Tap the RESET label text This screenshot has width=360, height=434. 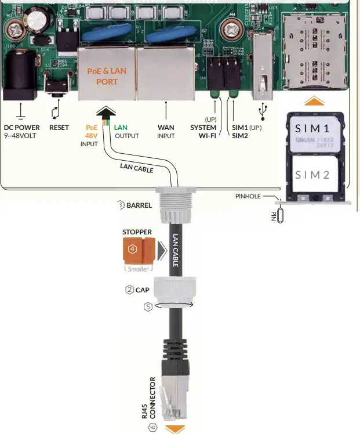click(x=59, y=127)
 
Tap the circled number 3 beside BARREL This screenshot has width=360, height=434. click(x=121, y=204)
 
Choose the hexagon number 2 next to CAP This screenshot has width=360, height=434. click(x=129, y=290)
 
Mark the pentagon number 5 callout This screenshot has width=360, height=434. click(x=148, y=307)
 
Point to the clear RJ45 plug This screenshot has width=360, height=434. click(x=175, y=399)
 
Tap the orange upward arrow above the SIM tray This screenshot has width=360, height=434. click(x=314, y=100)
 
